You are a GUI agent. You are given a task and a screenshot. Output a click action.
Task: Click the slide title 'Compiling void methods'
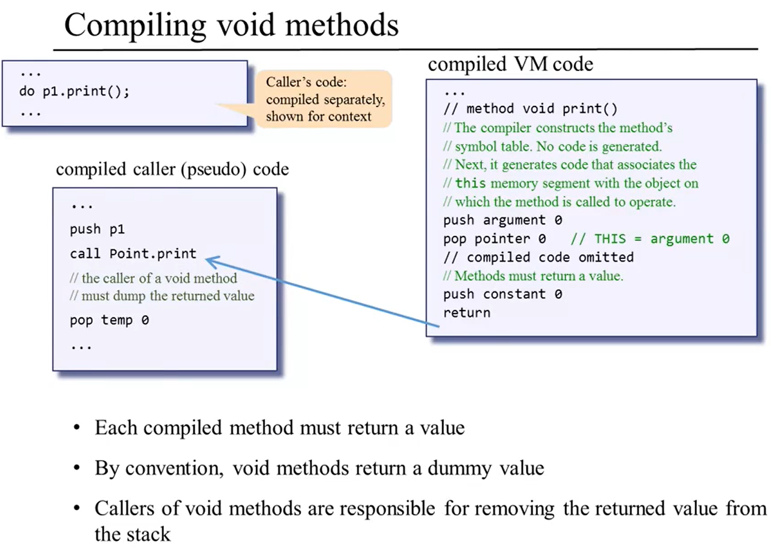[x=231, y=26]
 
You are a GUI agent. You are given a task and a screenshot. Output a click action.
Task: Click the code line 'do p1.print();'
[x=75, y=93]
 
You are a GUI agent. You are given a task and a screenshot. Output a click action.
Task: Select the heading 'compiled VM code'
[x=510, y=64]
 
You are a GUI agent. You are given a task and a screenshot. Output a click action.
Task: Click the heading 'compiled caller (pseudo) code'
[x=172, y=170]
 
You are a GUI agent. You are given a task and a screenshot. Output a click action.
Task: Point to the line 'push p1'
[x=97, y=229]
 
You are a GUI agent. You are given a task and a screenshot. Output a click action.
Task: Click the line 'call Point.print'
[x=133, y=254]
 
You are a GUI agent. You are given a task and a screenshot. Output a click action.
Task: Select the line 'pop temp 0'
[x=109, y=320]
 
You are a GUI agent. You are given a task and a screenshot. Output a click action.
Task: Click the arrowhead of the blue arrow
[x=210, y=260]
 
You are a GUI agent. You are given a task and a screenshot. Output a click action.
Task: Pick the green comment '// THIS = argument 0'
[x=650, y=238]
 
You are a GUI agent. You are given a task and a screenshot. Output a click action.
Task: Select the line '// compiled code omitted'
[x=538, y=257]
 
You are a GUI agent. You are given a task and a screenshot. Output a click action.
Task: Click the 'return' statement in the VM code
[x=466, y=313]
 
